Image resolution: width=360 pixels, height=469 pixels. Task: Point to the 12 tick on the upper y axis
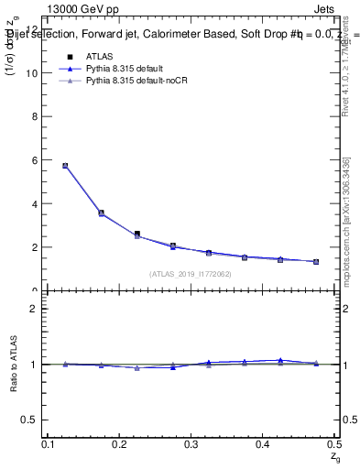(x=37, y=29)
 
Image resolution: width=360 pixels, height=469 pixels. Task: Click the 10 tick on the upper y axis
(x=37, y=72)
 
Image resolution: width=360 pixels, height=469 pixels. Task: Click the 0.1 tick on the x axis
(x=49, y=444)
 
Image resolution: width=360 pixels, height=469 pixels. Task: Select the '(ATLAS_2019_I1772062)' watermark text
(x=191, y=274)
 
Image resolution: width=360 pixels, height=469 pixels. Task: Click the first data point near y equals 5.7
(x=65, y=166)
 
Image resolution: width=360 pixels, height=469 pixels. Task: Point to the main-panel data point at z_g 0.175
(x=101, y=213)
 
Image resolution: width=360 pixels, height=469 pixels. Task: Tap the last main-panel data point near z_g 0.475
(x=316, y=262)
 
